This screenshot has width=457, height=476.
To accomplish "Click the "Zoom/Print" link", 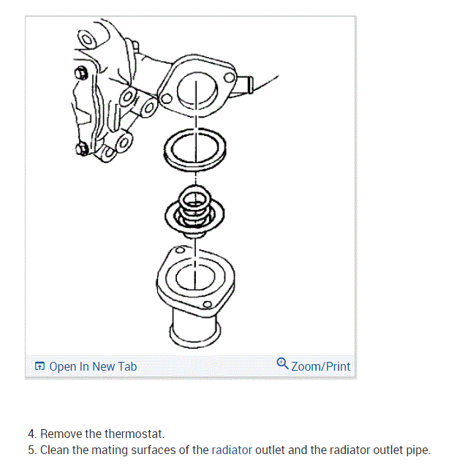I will click(320, 366).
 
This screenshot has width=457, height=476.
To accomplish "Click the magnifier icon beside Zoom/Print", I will click(282, 364).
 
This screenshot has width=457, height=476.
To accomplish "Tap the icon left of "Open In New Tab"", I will click(39, 366).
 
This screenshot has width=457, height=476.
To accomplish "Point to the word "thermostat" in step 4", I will click(135, 434).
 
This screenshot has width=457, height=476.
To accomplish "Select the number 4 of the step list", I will click(31, 434).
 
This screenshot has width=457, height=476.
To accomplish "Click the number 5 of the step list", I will click(31, 450).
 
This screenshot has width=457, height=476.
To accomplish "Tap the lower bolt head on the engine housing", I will click(83, 150).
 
